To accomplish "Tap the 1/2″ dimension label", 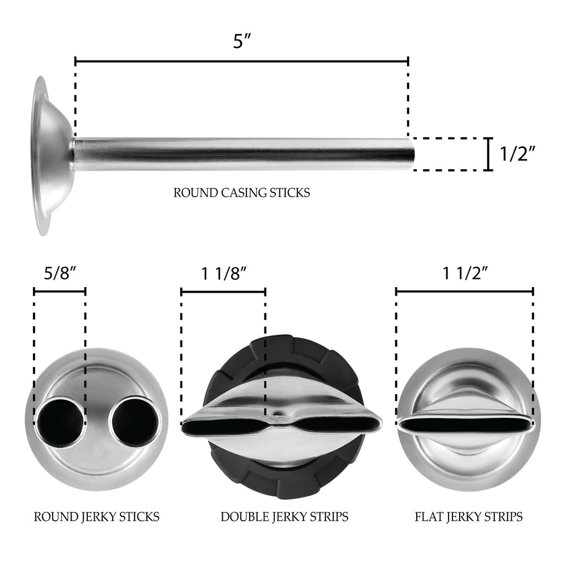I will click(x=517, y=154).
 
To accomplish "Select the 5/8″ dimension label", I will click(x=59, y=273).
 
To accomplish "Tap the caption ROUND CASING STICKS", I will click(x=242, y=193).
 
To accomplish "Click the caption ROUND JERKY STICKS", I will click(x=97, y=517).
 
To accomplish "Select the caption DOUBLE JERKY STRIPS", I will click(x=284, y=517).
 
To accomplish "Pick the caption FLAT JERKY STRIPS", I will click(x=468, y=517).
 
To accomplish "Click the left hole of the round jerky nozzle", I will click(x=60, y=422).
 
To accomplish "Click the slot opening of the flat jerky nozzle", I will click(x=466, y=424).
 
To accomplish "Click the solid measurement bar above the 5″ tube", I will click(x=241, y=60).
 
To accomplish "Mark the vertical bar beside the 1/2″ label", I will click(x=488, y=154).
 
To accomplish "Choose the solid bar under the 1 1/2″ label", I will click(x=464, y=291).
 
